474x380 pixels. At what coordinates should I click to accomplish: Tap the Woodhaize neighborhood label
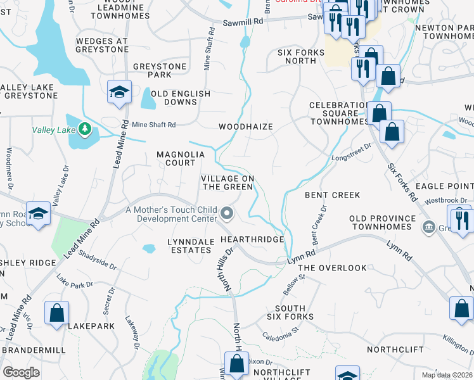(246, 127)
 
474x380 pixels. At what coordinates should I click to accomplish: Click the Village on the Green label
(228, 182)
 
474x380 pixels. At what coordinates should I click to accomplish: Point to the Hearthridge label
(252, 239)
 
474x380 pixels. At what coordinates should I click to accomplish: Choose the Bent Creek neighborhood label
(332, 195)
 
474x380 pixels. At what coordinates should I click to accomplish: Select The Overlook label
(332, 268)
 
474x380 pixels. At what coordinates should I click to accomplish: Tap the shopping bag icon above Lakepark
(56, 312)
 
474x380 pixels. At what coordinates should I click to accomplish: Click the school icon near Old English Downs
(118, 91)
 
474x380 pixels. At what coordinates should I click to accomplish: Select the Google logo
(21, 372)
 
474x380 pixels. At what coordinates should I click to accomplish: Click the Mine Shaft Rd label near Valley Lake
(153, 125)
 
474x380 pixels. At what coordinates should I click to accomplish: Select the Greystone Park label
(160, 70)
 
